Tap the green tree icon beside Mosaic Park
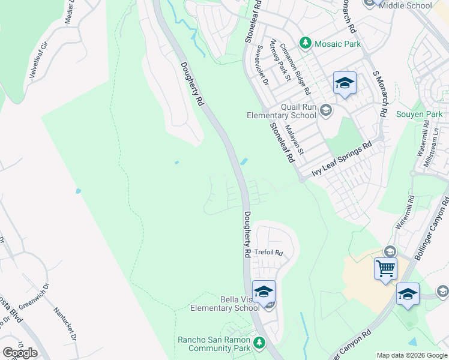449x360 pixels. (x=306, y=43)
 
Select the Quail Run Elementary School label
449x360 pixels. (x=282, y=111)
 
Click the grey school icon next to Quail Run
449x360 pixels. (x=325, y=110)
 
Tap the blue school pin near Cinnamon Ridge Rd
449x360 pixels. (x=345, y=84)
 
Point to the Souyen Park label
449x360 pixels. (x=419, y=114)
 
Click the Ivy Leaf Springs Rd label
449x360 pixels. (x=342, y=160)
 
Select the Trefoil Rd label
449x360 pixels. (x=268, y=253)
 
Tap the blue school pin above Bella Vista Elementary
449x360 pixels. (x=263, y=292)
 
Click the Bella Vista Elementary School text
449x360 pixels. (x=224, y=304)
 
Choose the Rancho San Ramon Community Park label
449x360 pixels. (x=214, y=344)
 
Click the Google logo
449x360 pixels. (x=20, y=352)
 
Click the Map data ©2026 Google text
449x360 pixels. (x=412, y=355)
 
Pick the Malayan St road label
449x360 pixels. (x=295, y=139)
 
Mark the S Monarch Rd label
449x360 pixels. (x=380, y=93)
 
